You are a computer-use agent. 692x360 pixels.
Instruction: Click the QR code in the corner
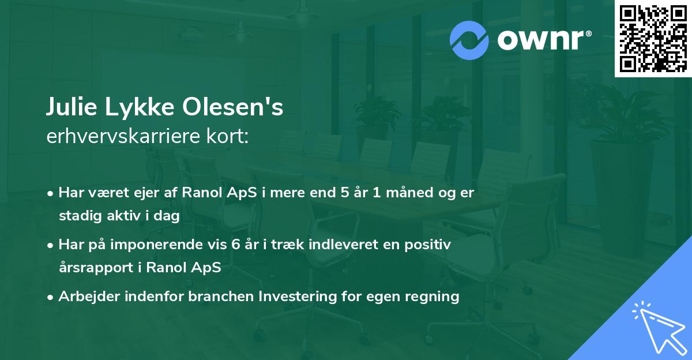653,39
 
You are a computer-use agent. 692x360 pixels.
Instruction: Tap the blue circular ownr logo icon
469,40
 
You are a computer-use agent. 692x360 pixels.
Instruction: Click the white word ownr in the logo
540,40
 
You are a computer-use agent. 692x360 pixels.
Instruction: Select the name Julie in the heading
72,107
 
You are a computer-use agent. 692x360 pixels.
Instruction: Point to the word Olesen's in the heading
232,107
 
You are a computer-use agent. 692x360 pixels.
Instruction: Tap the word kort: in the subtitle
228,136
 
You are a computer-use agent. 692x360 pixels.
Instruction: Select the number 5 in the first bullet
345,193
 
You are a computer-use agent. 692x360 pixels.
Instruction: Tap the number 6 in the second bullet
235,245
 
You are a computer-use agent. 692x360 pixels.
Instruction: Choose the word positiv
427,245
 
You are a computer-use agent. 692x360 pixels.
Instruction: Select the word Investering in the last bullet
297,297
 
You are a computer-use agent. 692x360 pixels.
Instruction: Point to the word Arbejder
89,297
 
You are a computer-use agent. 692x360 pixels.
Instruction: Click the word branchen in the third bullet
221,297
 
